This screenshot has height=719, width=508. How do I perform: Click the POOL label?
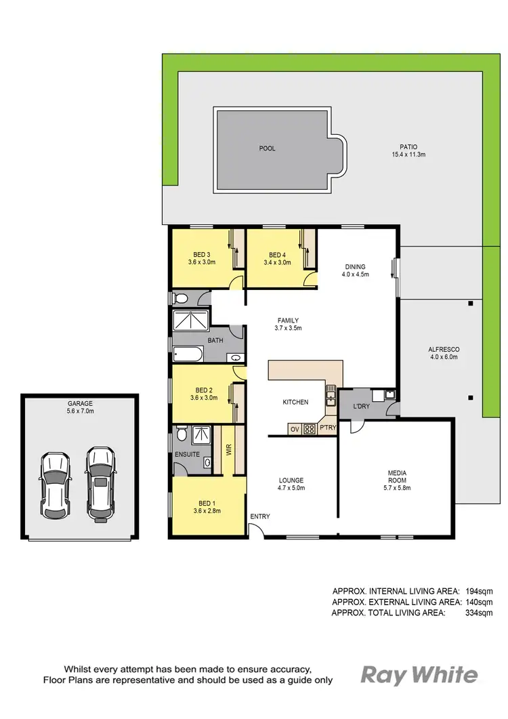tap(268, 148)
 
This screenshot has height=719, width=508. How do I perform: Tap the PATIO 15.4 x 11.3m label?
tap(408, 150)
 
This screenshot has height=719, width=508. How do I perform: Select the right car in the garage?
tap(100, 485)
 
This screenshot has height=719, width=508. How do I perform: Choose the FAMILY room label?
tap(287, 324)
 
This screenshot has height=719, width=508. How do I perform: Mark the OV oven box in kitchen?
tap(294, 429)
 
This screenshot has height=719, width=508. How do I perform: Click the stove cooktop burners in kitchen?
tap(309, 429)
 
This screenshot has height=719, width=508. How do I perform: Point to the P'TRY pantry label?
tap(328, 428)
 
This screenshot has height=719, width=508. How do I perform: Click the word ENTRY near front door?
tap(259, 516)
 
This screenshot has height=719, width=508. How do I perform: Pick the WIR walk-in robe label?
tap(228, 449)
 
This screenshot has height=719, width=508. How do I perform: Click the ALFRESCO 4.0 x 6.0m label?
tap(444, 353)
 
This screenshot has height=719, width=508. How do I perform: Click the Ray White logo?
tap(419, 675)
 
